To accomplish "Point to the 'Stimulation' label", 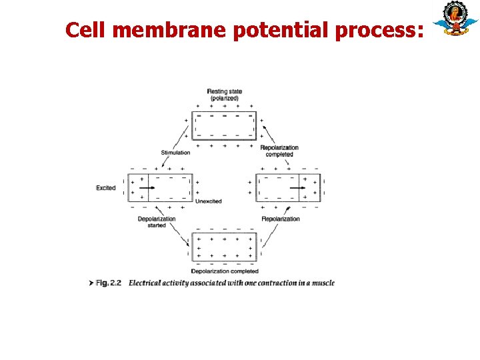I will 175,153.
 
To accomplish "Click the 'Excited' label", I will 106,188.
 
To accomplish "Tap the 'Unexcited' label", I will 209,201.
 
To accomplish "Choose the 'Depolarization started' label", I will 157,222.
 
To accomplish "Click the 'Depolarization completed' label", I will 225,271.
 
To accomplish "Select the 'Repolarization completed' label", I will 279,151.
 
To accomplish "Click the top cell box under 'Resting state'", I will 224,125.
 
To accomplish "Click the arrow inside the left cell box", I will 148,188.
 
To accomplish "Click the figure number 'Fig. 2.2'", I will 108,283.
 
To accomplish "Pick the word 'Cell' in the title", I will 83,29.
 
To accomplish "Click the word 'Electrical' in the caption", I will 145,283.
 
